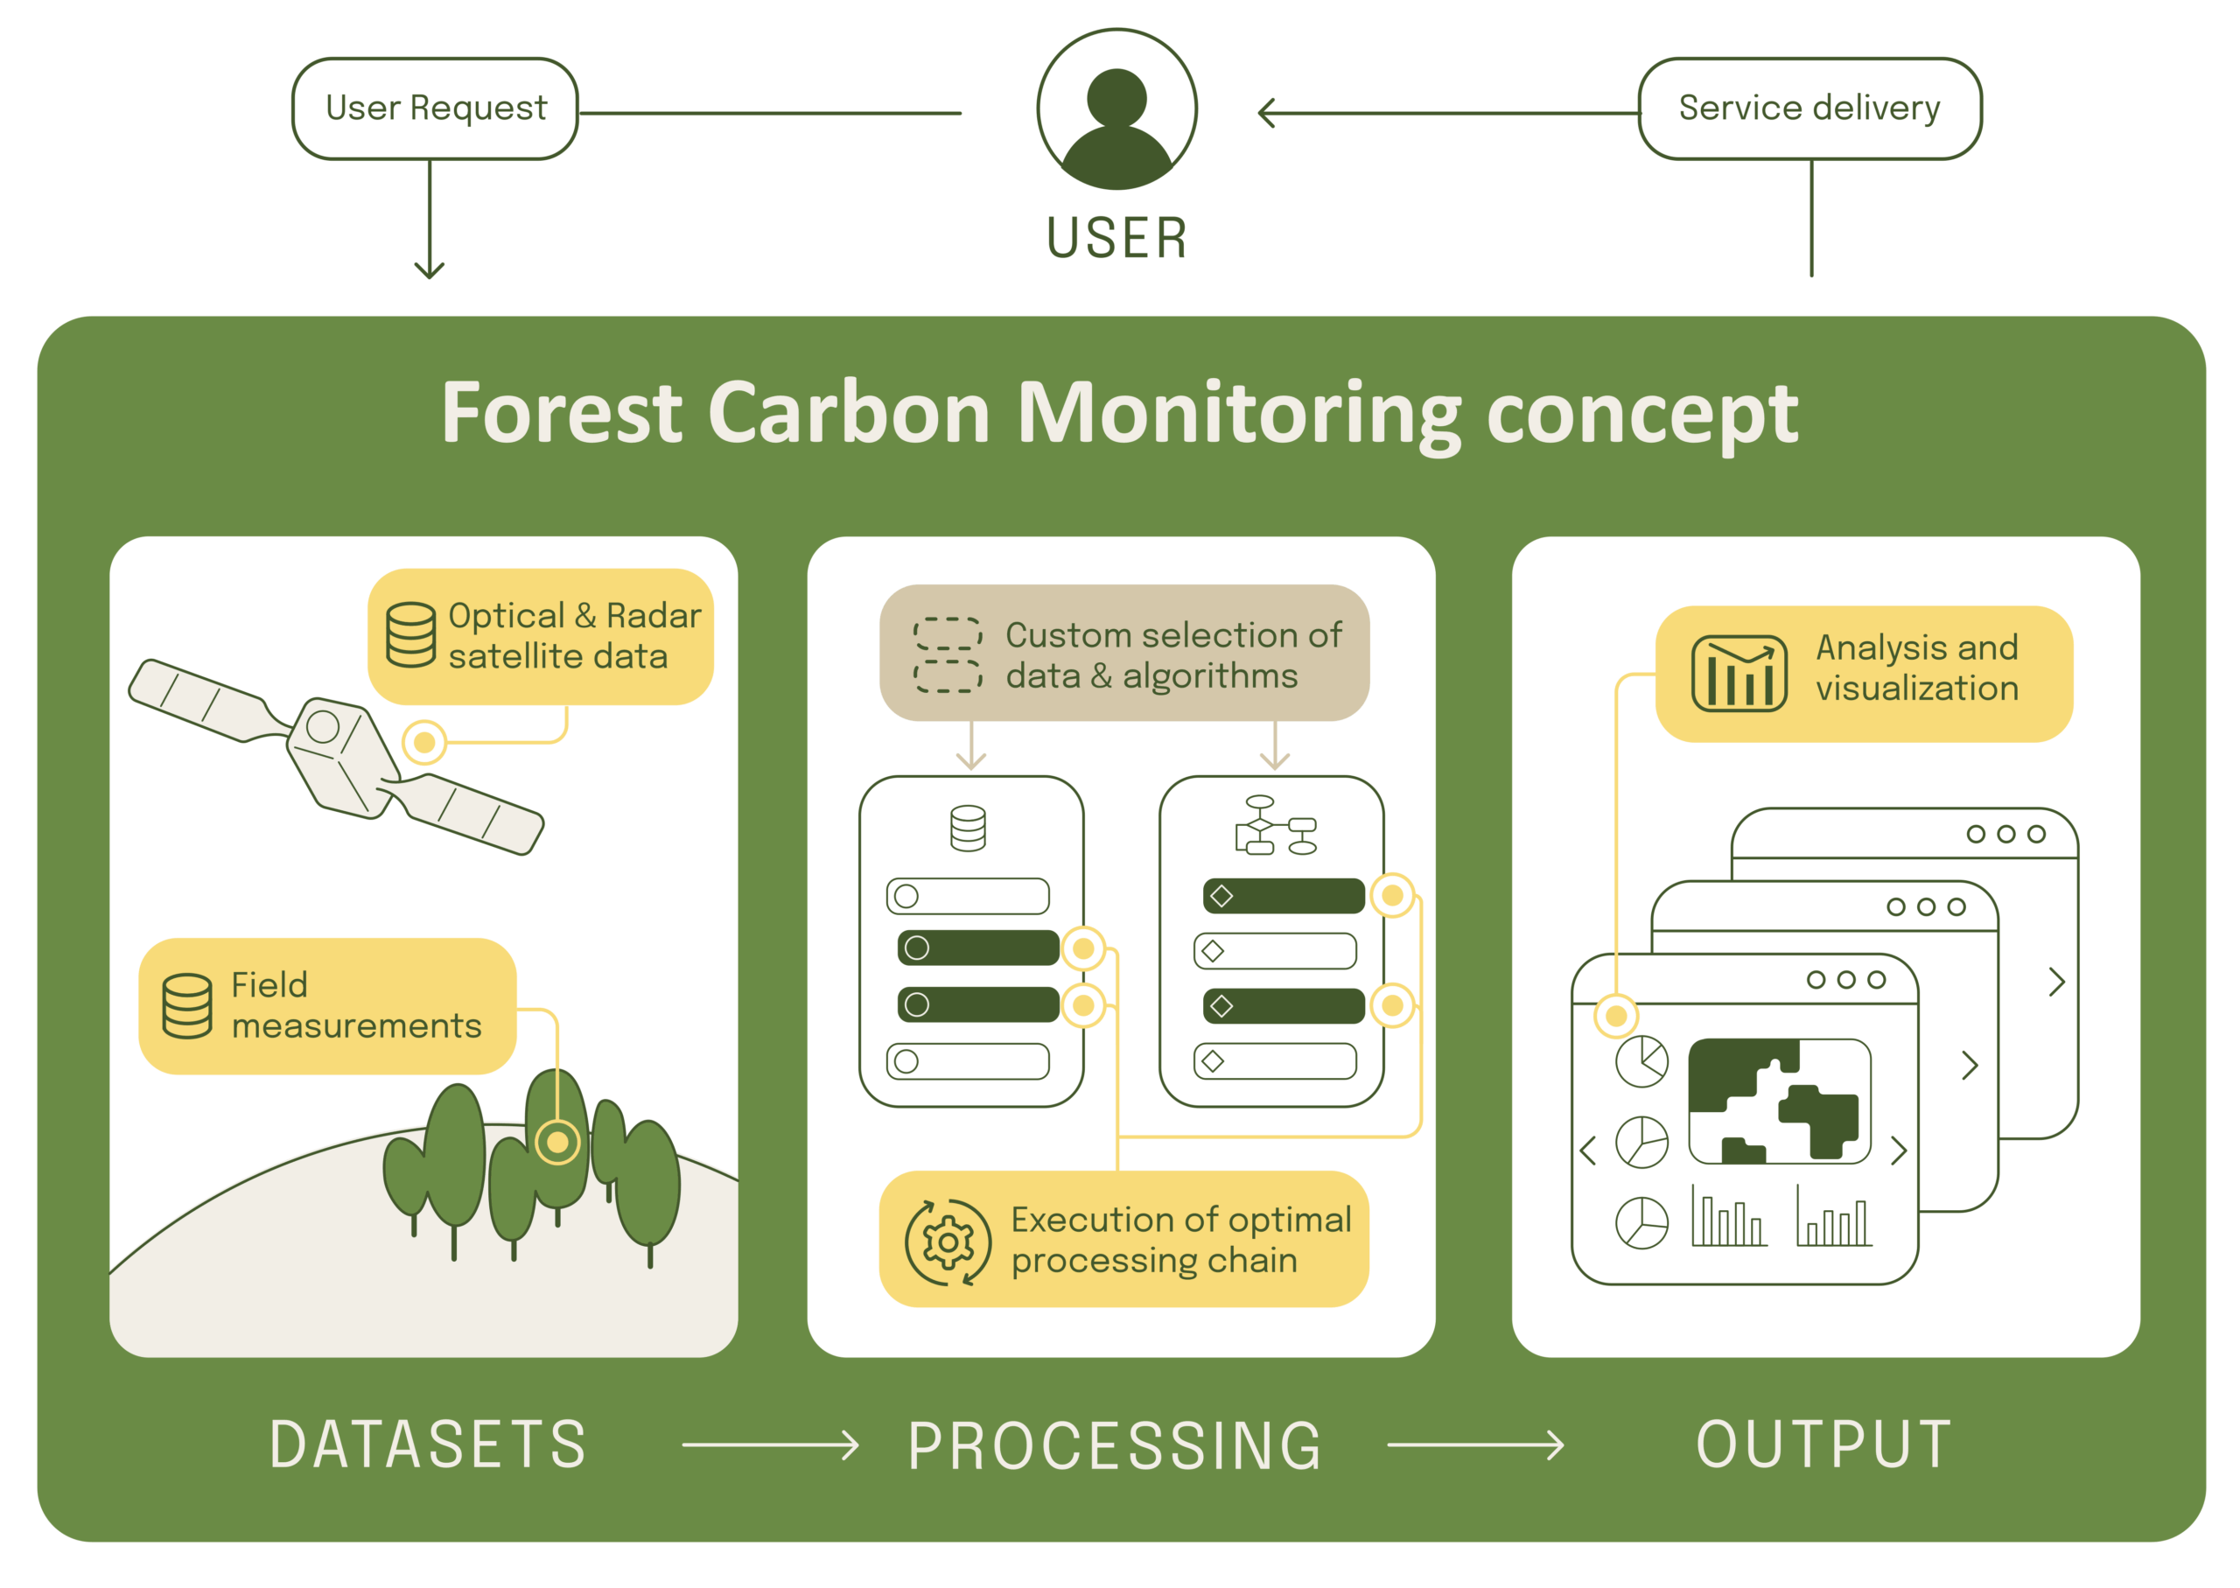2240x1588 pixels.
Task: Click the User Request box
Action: [435, 108]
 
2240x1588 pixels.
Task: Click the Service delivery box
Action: [1808, 108]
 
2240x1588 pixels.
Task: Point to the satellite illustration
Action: [338, 756]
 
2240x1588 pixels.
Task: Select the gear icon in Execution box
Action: [947, 1241]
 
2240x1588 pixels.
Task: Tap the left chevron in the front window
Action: [1587, 1150]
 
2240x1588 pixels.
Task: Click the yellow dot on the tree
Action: [557, 1141]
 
